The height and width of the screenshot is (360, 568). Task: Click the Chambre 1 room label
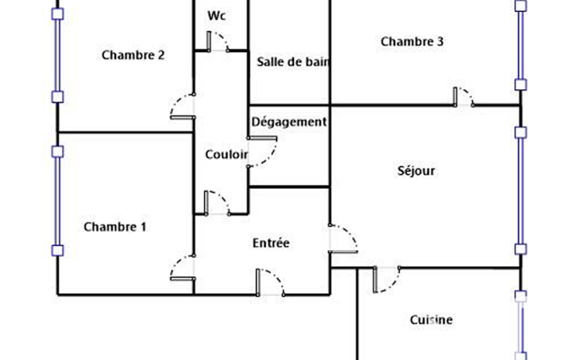click(115, 227)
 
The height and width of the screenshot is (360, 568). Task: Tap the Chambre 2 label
click(133, 55)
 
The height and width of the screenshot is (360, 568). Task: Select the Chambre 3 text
click(412, 42)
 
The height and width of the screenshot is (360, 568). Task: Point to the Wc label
click(217, 16)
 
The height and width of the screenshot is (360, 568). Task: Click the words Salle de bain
click(293, 62)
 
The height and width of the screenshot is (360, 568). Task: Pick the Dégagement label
click(289, 122)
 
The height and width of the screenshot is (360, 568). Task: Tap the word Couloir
click(226, 155)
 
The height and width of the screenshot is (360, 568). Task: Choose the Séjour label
click(416, 171)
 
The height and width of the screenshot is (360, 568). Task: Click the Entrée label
click(271, 243)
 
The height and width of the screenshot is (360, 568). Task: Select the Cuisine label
click(431, 320)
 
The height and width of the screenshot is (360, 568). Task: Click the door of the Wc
click(218, 42)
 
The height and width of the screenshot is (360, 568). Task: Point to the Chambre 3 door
click(463, 96)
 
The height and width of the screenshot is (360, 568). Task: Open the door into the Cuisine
click(387, 279)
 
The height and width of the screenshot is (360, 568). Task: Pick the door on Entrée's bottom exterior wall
click(270, 282)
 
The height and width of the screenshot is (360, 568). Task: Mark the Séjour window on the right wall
click(520, 191)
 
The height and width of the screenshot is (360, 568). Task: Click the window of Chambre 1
click(57, 201)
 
